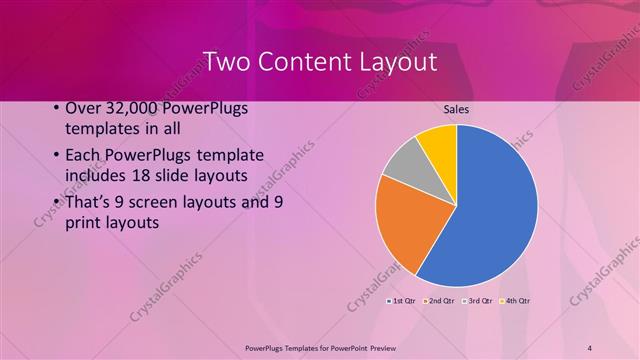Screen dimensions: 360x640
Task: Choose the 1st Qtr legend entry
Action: [x=403, y=301]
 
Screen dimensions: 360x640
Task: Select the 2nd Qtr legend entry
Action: [x=442, y=301]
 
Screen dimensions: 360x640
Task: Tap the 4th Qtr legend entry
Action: [x=517, y=301]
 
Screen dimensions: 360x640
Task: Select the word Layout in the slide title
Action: [x=401, y=62]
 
